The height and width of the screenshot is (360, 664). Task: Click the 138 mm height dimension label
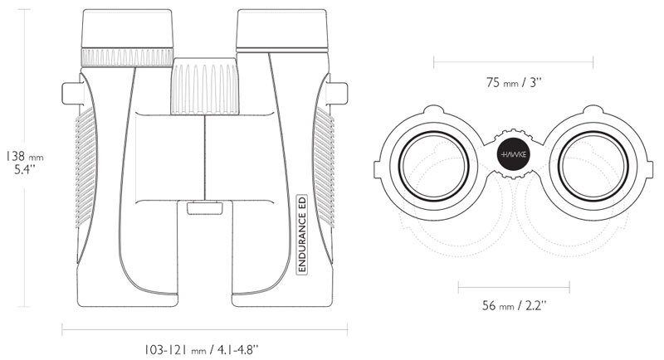(x=25, y=163)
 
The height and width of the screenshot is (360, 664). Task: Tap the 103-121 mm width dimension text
(x=201, y=350)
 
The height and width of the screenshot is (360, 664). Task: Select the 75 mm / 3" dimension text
(x=514, y=82)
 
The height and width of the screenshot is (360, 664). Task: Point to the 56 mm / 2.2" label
(x=514, y=304)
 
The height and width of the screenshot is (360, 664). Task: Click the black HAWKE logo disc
(x=514, y=154)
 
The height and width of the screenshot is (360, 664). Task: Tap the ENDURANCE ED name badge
(x=302, y=234)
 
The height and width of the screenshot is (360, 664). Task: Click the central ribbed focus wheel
(x=204, y=86)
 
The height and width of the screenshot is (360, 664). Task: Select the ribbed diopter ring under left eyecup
(x=127, y=57)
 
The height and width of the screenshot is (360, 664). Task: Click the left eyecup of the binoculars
(x=127, y=29)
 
